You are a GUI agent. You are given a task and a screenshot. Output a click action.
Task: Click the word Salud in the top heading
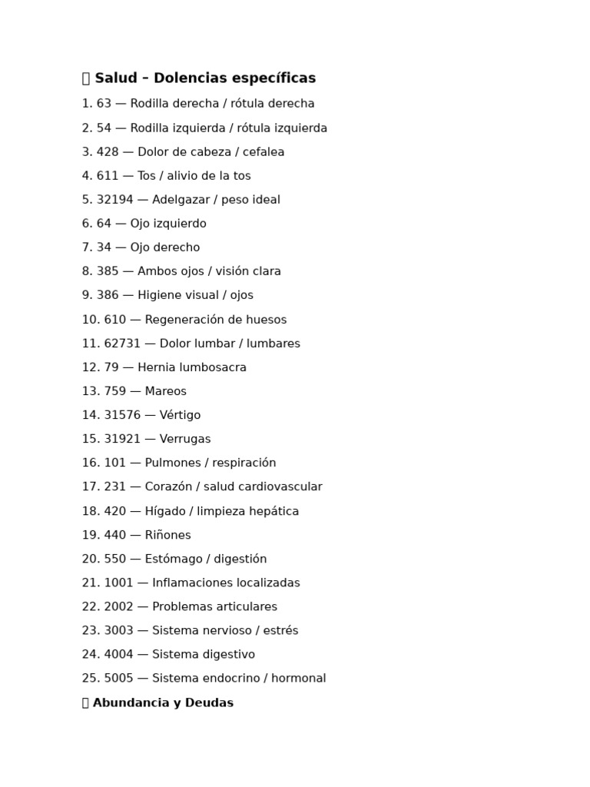tap(116, 78)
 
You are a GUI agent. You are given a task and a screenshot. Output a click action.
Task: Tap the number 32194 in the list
tap(117, 200)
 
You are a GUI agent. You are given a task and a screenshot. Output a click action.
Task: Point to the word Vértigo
tap(180, 415)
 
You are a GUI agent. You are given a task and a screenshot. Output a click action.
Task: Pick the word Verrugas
tap(185, 439)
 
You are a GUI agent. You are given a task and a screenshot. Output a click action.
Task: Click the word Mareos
tap(165, 391)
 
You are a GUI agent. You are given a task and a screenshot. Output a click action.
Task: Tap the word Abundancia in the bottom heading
tap(129, 702)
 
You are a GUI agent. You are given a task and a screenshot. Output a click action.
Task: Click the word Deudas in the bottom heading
tap(211, 702)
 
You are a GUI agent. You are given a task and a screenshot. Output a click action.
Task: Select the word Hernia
tap(156, 367)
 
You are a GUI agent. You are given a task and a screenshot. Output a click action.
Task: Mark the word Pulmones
tap(172, 463)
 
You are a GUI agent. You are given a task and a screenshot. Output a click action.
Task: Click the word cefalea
tap(264, 152)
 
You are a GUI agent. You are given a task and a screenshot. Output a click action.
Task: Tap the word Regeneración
tap(189, 320)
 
